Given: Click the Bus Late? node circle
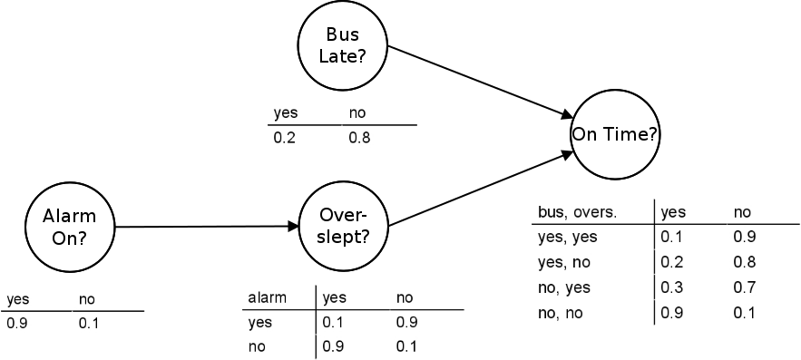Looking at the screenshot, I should [343, 45].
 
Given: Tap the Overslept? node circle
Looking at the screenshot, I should [343, 227].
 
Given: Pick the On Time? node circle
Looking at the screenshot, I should [614, 135].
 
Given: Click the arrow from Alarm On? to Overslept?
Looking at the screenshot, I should [210, 227].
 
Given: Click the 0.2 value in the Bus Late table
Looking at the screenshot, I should [285, 139].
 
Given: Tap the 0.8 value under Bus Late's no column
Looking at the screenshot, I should [359, 139].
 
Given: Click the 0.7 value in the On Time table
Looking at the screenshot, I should [745, 288].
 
